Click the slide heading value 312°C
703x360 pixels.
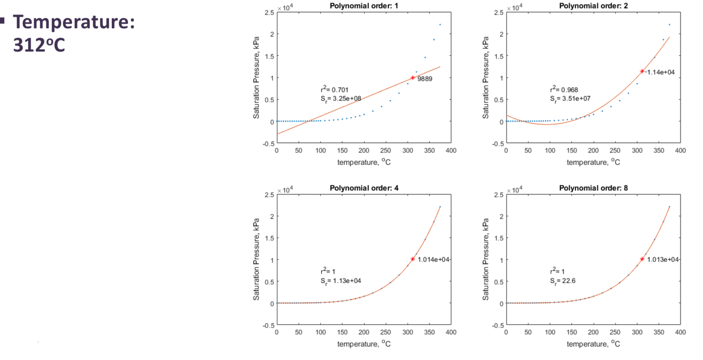pyautogui.click(x=39, y=45)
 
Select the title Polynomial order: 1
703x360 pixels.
pyautogui.click(x=363, y=6)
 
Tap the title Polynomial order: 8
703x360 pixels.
pyautogui.click(x=593, y=188)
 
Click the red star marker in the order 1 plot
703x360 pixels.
pyautogui.click(x=413, y=78)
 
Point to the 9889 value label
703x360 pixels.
pyautogui.click(x=425, y=79)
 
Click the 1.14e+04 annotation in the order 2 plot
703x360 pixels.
pyautogui.click(x=660, y=72)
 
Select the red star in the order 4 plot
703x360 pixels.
pyautogui.click(x=413, y=259)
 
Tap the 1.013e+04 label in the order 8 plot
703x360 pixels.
pyautogui.click(x=662, y=260)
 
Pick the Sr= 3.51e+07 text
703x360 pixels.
pyautogui.click(x=570, y=99)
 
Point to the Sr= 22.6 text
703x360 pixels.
pyautogui.click(x=562, y=281)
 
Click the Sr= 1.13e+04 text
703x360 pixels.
pyautogui.click(x=341, y=281)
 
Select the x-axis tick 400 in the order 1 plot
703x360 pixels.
pyautogui.click(x=451, y=150)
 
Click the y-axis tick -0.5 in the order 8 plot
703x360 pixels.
pyautogui.click(x=498, y=326)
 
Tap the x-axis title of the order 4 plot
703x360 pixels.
pyautogui.click(x=363, y=344)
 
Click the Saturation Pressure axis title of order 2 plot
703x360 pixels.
pyautogui.click(x=486, y=77)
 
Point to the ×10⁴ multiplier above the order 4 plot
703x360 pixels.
pyautogui.click(x=285, y=190)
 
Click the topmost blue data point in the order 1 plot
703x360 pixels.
pyautogui.click(x=440, y=25)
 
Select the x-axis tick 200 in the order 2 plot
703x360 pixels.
pyautogui.click(x=593, y=150)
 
